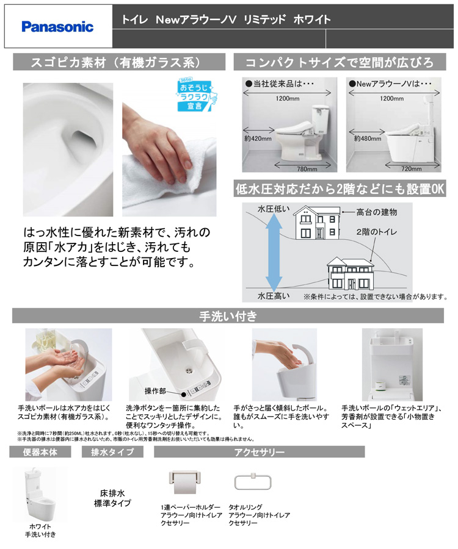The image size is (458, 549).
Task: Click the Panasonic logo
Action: [x=57, y=27]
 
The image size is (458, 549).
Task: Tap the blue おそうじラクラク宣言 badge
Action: [x=196, y=95]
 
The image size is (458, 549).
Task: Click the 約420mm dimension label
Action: [x=258, y=138]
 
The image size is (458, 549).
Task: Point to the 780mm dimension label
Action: [x=307, y=169]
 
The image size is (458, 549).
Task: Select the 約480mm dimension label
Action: [x=368, y=138]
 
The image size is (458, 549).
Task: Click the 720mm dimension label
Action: [x=412, y=169]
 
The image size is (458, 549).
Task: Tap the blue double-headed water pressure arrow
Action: [x=274, y=252]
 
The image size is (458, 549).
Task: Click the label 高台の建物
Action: [x=377, y=212]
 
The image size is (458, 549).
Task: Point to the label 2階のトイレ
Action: [x=377, y=232]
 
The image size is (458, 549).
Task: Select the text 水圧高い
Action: [x=274, y=296]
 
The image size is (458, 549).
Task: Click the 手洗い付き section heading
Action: [x=228, y=316]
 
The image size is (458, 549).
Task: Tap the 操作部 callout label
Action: [x=155, y=391]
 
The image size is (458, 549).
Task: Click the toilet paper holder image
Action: [x=185, y=482]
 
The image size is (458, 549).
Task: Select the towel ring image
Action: [x=253, y=482]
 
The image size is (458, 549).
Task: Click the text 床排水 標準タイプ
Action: [x=112, y=498]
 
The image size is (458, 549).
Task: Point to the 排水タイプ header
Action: [x=112, y=452]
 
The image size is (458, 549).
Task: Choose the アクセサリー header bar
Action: [x=260, y=452]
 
